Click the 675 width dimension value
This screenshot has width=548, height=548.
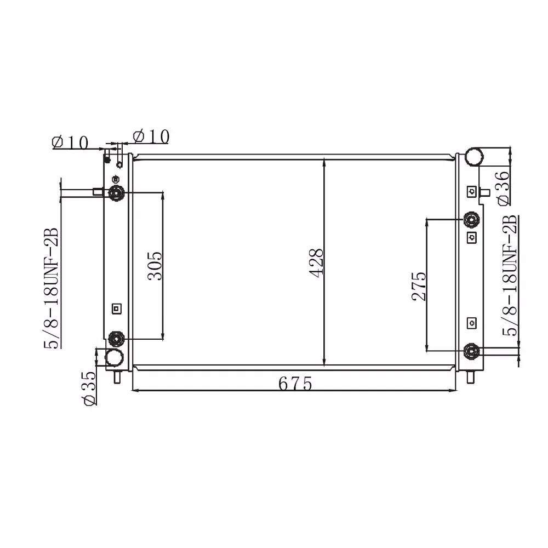click(295, 384)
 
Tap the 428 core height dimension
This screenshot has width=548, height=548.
click(317, 263)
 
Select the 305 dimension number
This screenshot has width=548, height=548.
click(155, 266)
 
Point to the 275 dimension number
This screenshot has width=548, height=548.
click(419, 286)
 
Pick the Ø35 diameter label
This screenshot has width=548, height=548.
click(88, 389)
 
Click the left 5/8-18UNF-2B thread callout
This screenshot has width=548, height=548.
click(51, 288)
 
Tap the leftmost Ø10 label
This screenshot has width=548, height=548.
click(70, 142)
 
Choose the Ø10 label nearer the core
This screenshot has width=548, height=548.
click(151, 136)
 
